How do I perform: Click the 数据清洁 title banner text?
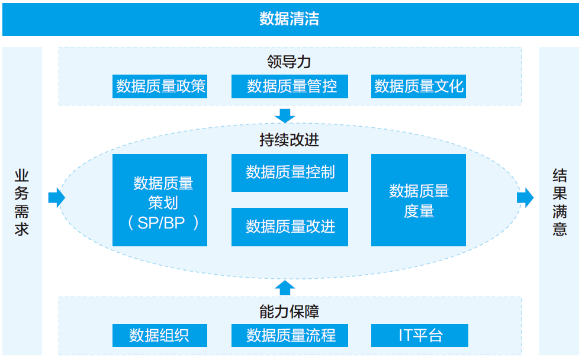point(290,19)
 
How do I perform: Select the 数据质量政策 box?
point(160,86)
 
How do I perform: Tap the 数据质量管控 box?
point(290,86)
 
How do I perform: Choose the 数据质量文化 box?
point(419,86)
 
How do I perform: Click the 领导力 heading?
point(290,62)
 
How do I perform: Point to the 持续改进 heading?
point(290,140)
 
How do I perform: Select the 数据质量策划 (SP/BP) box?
point(160,200)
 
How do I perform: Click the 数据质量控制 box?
point(290,173)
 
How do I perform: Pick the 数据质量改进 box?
point(290,227)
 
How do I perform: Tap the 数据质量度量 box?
point(419,200)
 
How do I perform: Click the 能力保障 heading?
point(290,311)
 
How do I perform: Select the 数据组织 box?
point(159,335)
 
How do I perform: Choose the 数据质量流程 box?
point(290,335)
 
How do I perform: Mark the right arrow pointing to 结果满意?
point(525,197)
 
